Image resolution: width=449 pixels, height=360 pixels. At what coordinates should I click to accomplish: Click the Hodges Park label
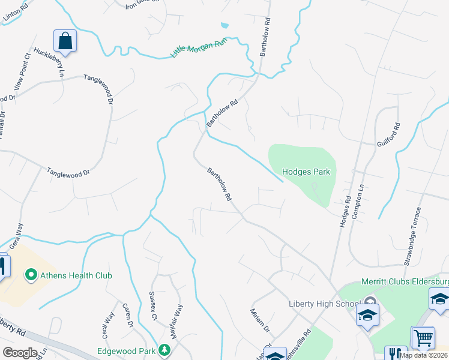[306, 172]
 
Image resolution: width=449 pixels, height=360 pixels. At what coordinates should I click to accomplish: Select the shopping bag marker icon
[65, 41]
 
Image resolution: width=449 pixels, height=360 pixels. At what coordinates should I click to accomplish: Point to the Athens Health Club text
[76, 275]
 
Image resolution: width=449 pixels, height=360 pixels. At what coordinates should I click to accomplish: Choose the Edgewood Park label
[127, 350]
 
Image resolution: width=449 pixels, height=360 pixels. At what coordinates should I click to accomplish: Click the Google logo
[20, 353]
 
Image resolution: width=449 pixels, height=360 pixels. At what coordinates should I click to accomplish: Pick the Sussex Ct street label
[153, 306]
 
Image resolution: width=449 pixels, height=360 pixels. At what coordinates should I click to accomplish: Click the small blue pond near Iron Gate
[224, 26]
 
